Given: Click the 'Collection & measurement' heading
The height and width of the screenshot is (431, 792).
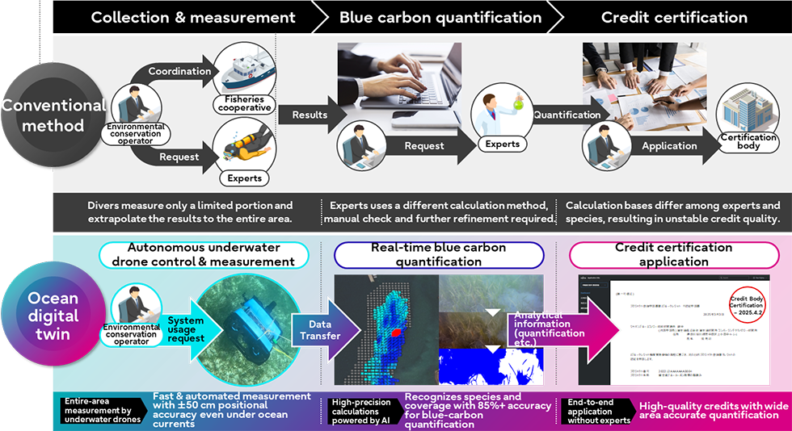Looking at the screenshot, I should (193, 17).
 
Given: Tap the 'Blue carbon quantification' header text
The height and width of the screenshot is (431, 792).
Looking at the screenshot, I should (440, 17).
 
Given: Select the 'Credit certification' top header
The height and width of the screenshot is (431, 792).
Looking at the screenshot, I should (674, 17).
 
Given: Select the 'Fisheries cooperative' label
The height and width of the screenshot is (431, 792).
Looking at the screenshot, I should (243, 103).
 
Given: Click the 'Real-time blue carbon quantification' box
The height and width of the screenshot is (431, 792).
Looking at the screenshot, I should (440, 255).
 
